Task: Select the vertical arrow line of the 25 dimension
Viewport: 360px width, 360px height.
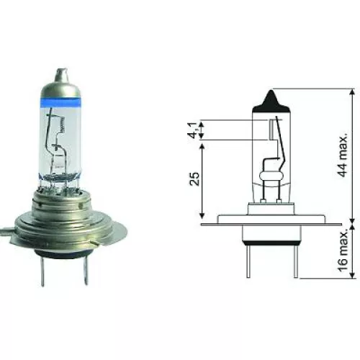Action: [x=203, y=180]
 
